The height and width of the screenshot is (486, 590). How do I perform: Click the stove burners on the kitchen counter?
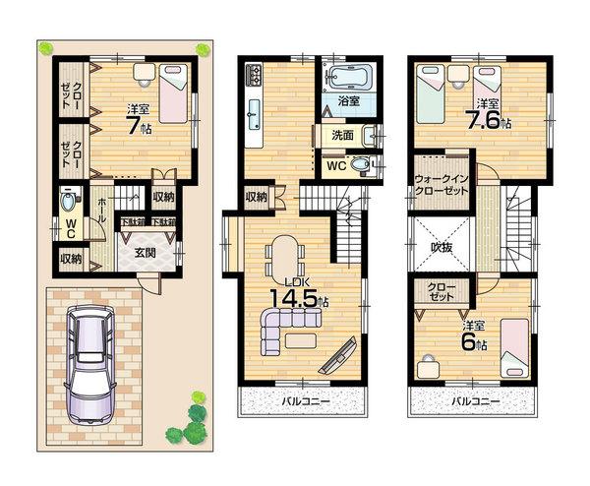pyautogui.click(x=254, y=75)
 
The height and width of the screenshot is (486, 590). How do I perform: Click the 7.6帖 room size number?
pyautogui.click(x=489, y=122)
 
